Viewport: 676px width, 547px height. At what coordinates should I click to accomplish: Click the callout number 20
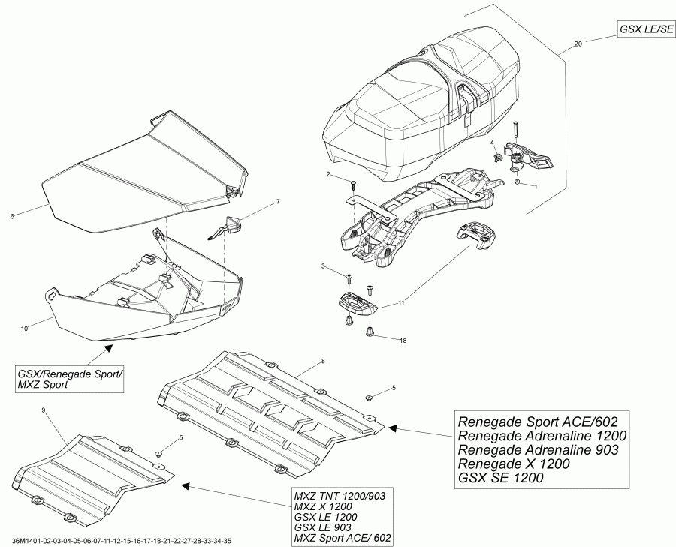click(578, 44)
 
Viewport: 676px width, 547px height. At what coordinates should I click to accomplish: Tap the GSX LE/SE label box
click(646, 29)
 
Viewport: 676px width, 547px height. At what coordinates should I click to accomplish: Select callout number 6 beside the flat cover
click(12, 217)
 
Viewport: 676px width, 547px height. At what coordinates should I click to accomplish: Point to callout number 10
click(25, 328)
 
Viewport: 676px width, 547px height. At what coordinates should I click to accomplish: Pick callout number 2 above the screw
click(328, 174)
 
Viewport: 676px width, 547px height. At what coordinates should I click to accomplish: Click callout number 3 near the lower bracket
click(323, 266)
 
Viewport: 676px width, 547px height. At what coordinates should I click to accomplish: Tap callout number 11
click(401, 302)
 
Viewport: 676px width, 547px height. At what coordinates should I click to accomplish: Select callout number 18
click(403, 341)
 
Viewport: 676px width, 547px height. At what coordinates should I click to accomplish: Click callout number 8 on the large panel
click(323, 362)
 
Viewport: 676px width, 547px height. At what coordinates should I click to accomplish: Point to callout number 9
click(44, 410)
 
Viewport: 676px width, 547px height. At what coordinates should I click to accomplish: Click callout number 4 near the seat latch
click(491, 143)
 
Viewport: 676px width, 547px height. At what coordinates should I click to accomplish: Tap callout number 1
click(534, 187)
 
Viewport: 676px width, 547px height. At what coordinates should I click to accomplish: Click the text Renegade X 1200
click(512, 464)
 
